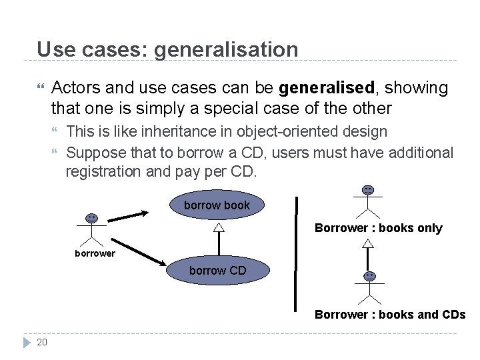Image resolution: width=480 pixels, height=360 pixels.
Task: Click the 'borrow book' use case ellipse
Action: coord(217,205)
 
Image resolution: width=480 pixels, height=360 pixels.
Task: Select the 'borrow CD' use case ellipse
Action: coord(218,270)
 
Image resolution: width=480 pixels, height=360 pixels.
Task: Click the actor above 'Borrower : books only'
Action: coord(367,202)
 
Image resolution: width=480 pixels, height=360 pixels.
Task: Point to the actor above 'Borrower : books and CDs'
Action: coord(369,287)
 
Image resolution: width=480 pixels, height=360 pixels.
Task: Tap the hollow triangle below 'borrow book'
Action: coord(217,227)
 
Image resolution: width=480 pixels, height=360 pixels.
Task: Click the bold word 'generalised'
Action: coord(326,88)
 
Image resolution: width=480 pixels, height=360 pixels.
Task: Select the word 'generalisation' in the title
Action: coord(227,49)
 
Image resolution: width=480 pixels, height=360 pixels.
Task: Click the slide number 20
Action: coord(42,342)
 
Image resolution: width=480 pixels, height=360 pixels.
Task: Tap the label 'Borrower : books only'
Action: coord(378,228)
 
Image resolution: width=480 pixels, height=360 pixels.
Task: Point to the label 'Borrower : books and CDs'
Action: coord(390,314)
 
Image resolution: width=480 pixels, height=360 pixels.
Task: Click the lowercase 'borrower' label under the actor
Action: coord(95,253)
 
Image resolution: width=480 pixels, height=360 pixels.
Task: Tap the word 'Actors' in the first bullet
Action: coord(75,88)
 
